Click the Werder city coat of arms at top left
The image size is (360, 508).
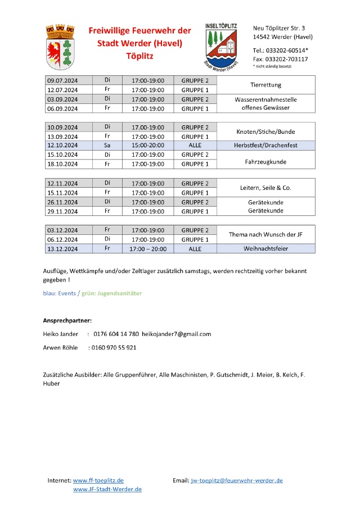(x=60, y=46)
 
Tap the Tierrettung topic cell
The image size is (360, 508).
(x=265, y=85)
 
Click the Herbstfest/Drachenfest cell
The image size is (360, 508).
(x=265, y=146)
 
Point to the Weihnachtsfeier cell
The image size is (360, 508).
(x=265, y=248)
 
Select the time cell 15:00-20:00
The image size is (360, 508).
(x=147, y=146)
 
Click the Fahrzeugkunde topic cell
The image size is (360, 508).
(x=265, y=161)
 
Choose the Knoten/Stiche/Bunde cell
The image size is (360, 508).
(x=265, y=132)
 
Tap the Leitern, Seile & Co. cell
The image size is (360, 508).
(x=265, y=188)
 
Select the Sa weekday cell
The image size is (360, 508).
(x=107, y=146)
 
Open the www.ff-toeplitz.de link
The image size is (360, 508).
(x=98, y=480)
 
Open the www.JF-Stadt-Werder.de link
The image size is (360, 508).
(x=107, y=489)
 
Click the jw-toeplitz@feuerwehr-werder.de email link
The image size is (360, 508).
(x=236, y=480)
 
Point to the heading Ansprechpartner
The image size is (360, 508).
(x=67, y=320)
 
